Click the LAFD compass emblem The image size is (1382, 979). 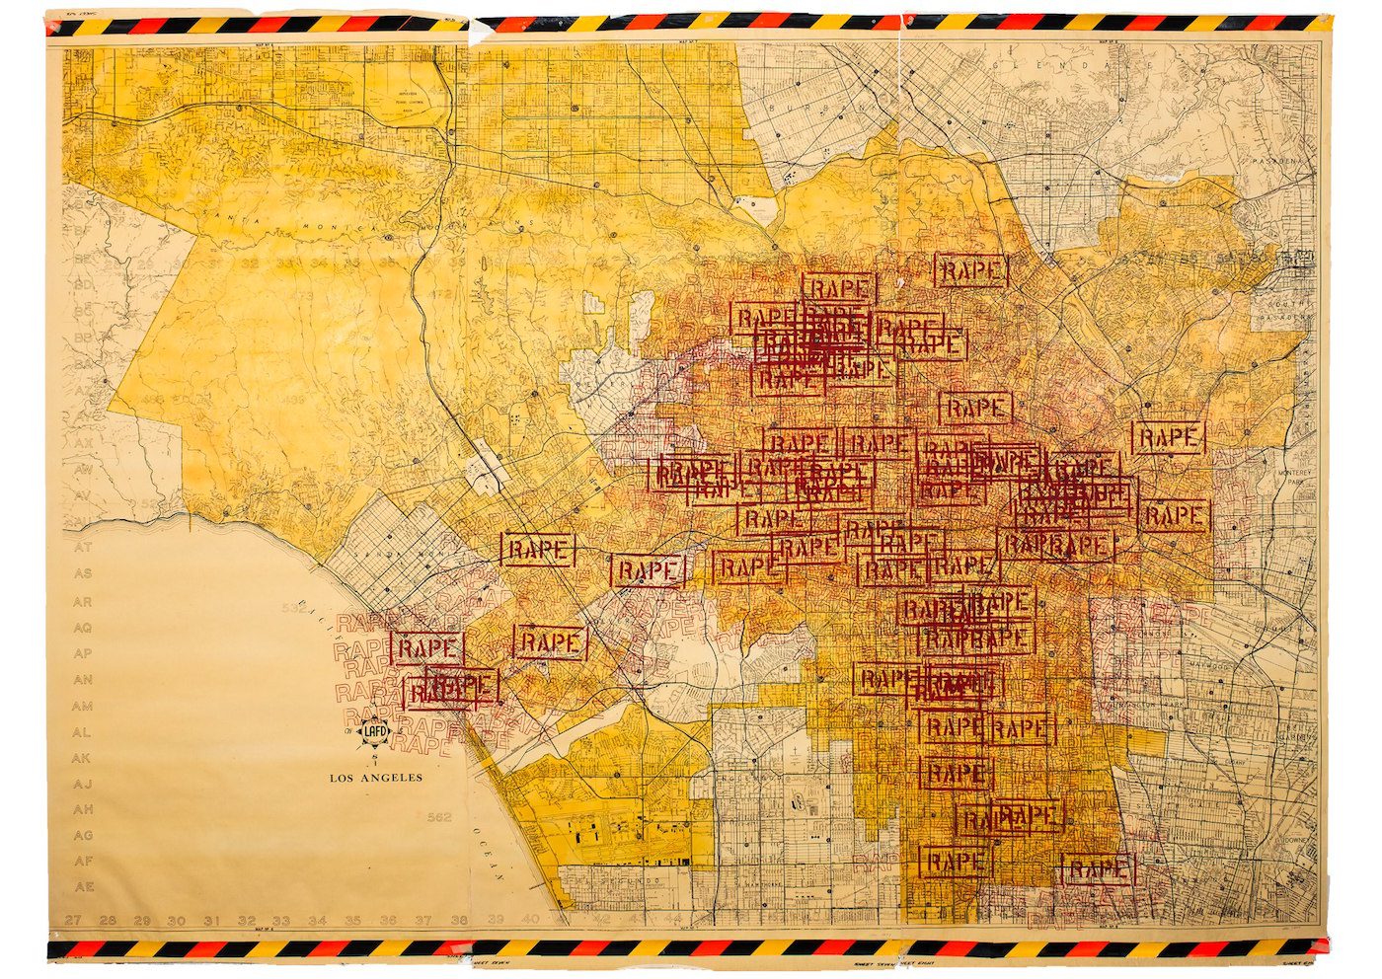[376, 731]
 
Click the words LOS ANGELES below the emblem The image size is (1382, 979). [376, 778]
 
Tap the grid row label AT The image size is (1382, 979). [83, 546]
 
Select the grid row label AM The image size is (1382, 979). [83, 706]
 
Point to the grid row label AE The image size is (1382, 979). [84, 886]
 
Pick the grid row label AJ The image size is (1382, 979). [83, 784]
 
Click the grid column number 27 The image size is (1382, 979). [73, 920]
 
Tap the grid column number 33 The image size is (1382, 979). [281, 921]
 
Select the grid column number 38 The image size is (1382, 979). [459, 920]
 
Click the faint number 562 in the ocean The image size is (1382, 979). [439, 817]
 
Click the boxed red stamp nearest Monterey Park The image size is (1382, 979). [1169, 437]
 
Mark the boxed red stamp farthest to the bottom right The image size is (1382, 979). [1099, 869]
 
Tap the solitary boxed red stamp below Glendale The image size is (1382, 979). [972, 270]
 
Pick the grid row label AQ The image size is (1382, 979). [83, 627]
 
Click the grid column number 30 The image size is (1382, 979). [177, 921]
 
